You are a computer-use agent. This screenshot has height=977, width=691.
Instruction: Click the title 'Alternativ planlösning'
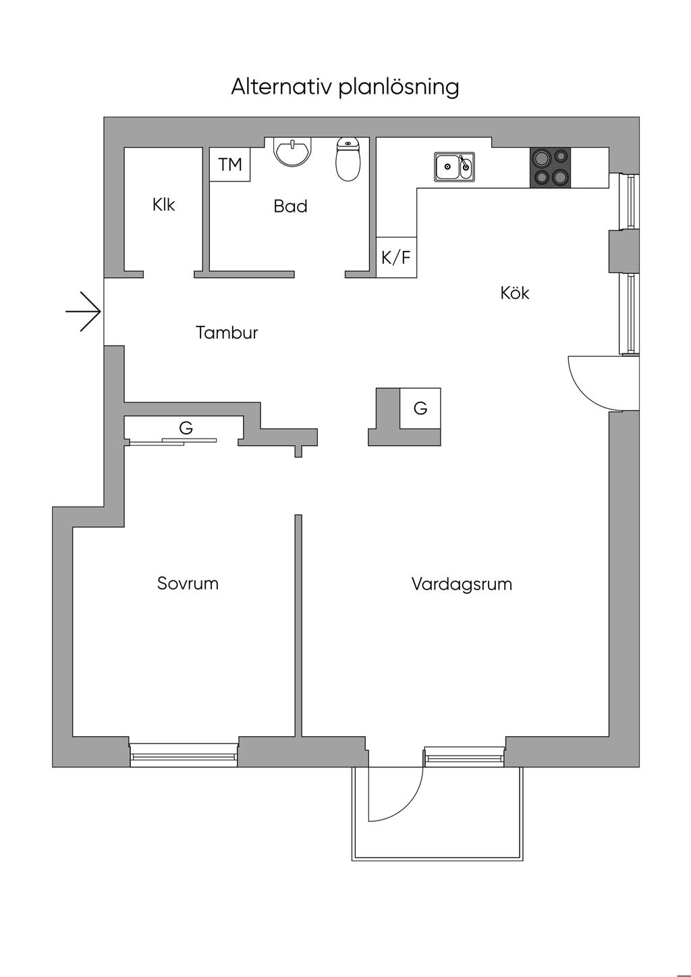tap(345, 87)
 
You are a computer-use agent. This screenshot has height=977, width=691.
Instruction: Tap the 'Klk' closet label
tap(163, 204)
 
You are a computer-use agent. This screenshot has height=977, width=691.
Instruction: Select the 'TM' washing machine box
tap(230, 165)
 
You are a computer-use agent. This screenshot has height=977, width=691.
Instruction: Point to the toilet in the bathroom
tap(348, 161)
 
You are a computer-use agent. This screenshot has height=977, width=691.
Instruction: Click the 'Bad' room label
tap(290, 206)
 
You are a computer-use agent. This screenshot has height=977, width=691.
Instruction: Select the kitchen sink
tap(454, 166)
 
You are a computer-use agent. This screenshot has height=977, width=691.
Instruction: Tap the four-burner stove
tap(550, 167)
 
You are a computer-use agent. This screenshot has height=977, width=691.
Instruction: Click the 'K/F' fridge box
tap(396, 257)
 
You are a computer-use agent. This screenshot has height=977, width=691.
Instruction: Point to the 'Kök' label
tap(515, 293)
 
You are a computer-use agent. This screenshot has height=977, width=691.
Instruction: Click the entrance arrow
tap(84, 311)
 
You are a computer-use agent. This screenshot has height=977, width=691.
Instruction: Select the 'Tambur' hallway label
tap(227, 333)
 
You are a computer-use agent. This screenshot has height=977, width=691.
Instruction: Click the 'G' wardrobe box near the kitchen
tap(420, 408)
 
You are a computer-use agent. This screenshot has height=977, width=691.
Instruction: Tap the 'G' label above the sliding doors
tap(186, 428)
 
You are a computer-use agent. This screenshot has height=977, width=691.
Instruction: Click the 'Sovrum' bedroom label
tap(188, 583)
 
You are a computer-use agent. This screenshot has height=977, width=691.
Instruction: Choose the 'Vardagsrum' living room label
tap(462, 584)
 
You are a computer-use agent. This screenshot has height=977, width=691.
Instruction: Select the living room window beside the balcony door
tap(464, 756)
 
